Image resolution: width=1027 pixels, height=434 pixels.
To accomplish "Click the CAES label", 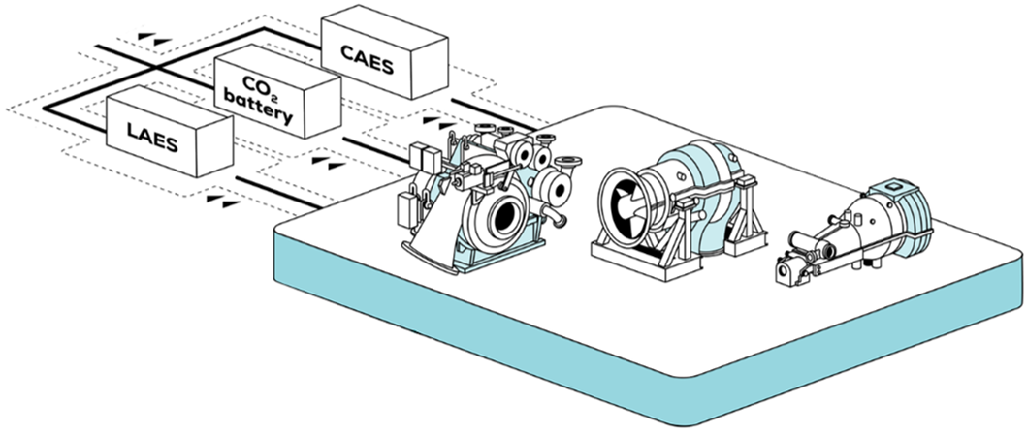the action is click(x=368, y=60).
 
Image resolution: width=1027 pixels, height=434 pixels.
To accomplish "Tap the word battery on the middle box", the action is click(x=257, y=109).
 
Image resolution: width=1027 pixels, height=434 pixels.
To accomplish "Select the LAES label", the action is click(x=152, y=137).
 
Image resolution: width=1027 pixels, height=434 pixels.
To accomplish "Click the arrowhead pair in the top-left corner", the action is click(x=154, y=38).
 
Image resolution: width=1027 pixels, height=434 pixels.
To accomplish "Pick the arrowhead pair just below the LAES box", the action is click(x=223, y=201).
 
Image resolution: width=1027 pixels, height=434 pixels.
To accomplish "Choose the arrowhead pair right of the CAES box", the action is click(x=439, y=122).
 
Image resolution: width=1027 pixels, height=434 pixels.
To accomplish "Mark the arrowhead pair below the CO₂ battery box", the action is click(x=328, y=162).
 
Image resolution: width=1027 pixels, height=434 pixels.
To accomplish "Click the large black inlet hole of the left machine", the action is click(x=505, y=215).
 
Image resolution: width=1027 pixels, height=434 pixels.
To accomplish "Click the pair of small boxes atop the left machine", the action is click(x=425, y=157).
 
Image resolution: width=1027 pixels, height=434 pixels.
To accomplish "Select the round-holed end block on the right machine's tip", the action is click(x=786, y=270).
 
